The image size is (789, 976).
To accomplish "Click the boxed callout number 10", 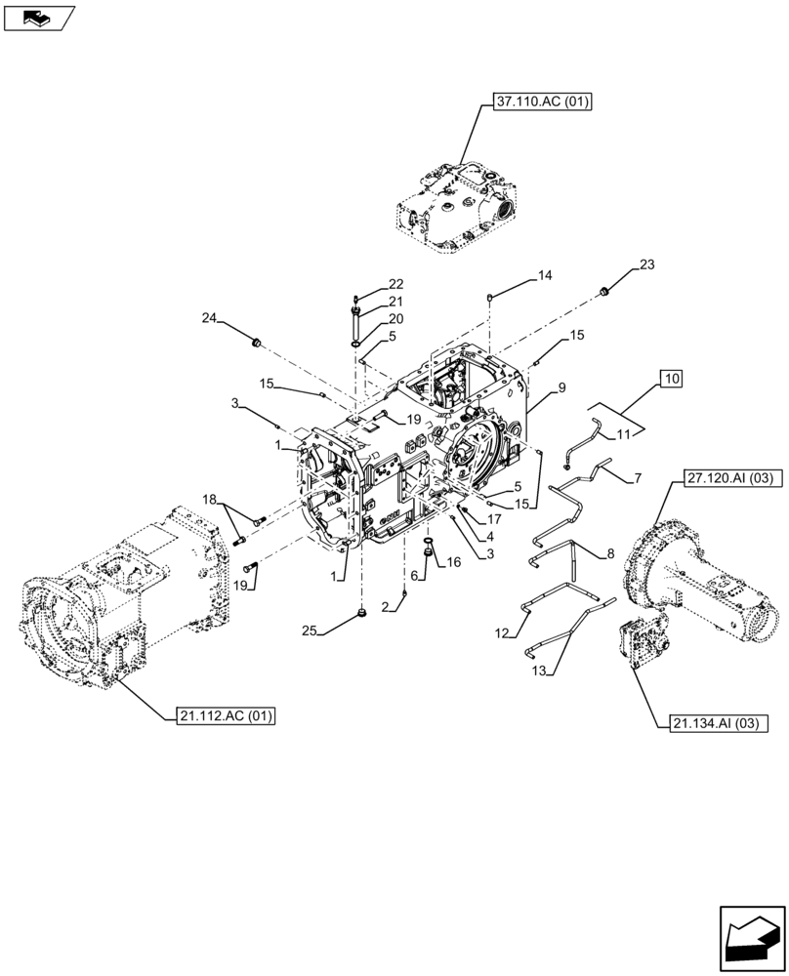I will [x=673, y=378].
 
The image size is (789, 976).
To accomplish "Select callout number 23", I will [x=648, y=264].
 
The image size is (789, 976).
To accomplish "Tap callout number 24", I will [x=209, y=318].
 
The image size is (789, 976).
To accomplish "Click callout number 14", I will [x=544, y=276].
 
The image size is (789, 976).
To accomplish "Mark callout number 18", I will [x=209, y=500].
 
